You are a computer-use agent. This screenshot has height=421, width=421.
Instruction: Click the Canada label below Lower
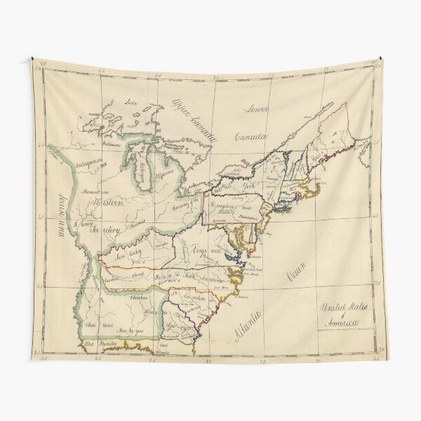tap(250, 136)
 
